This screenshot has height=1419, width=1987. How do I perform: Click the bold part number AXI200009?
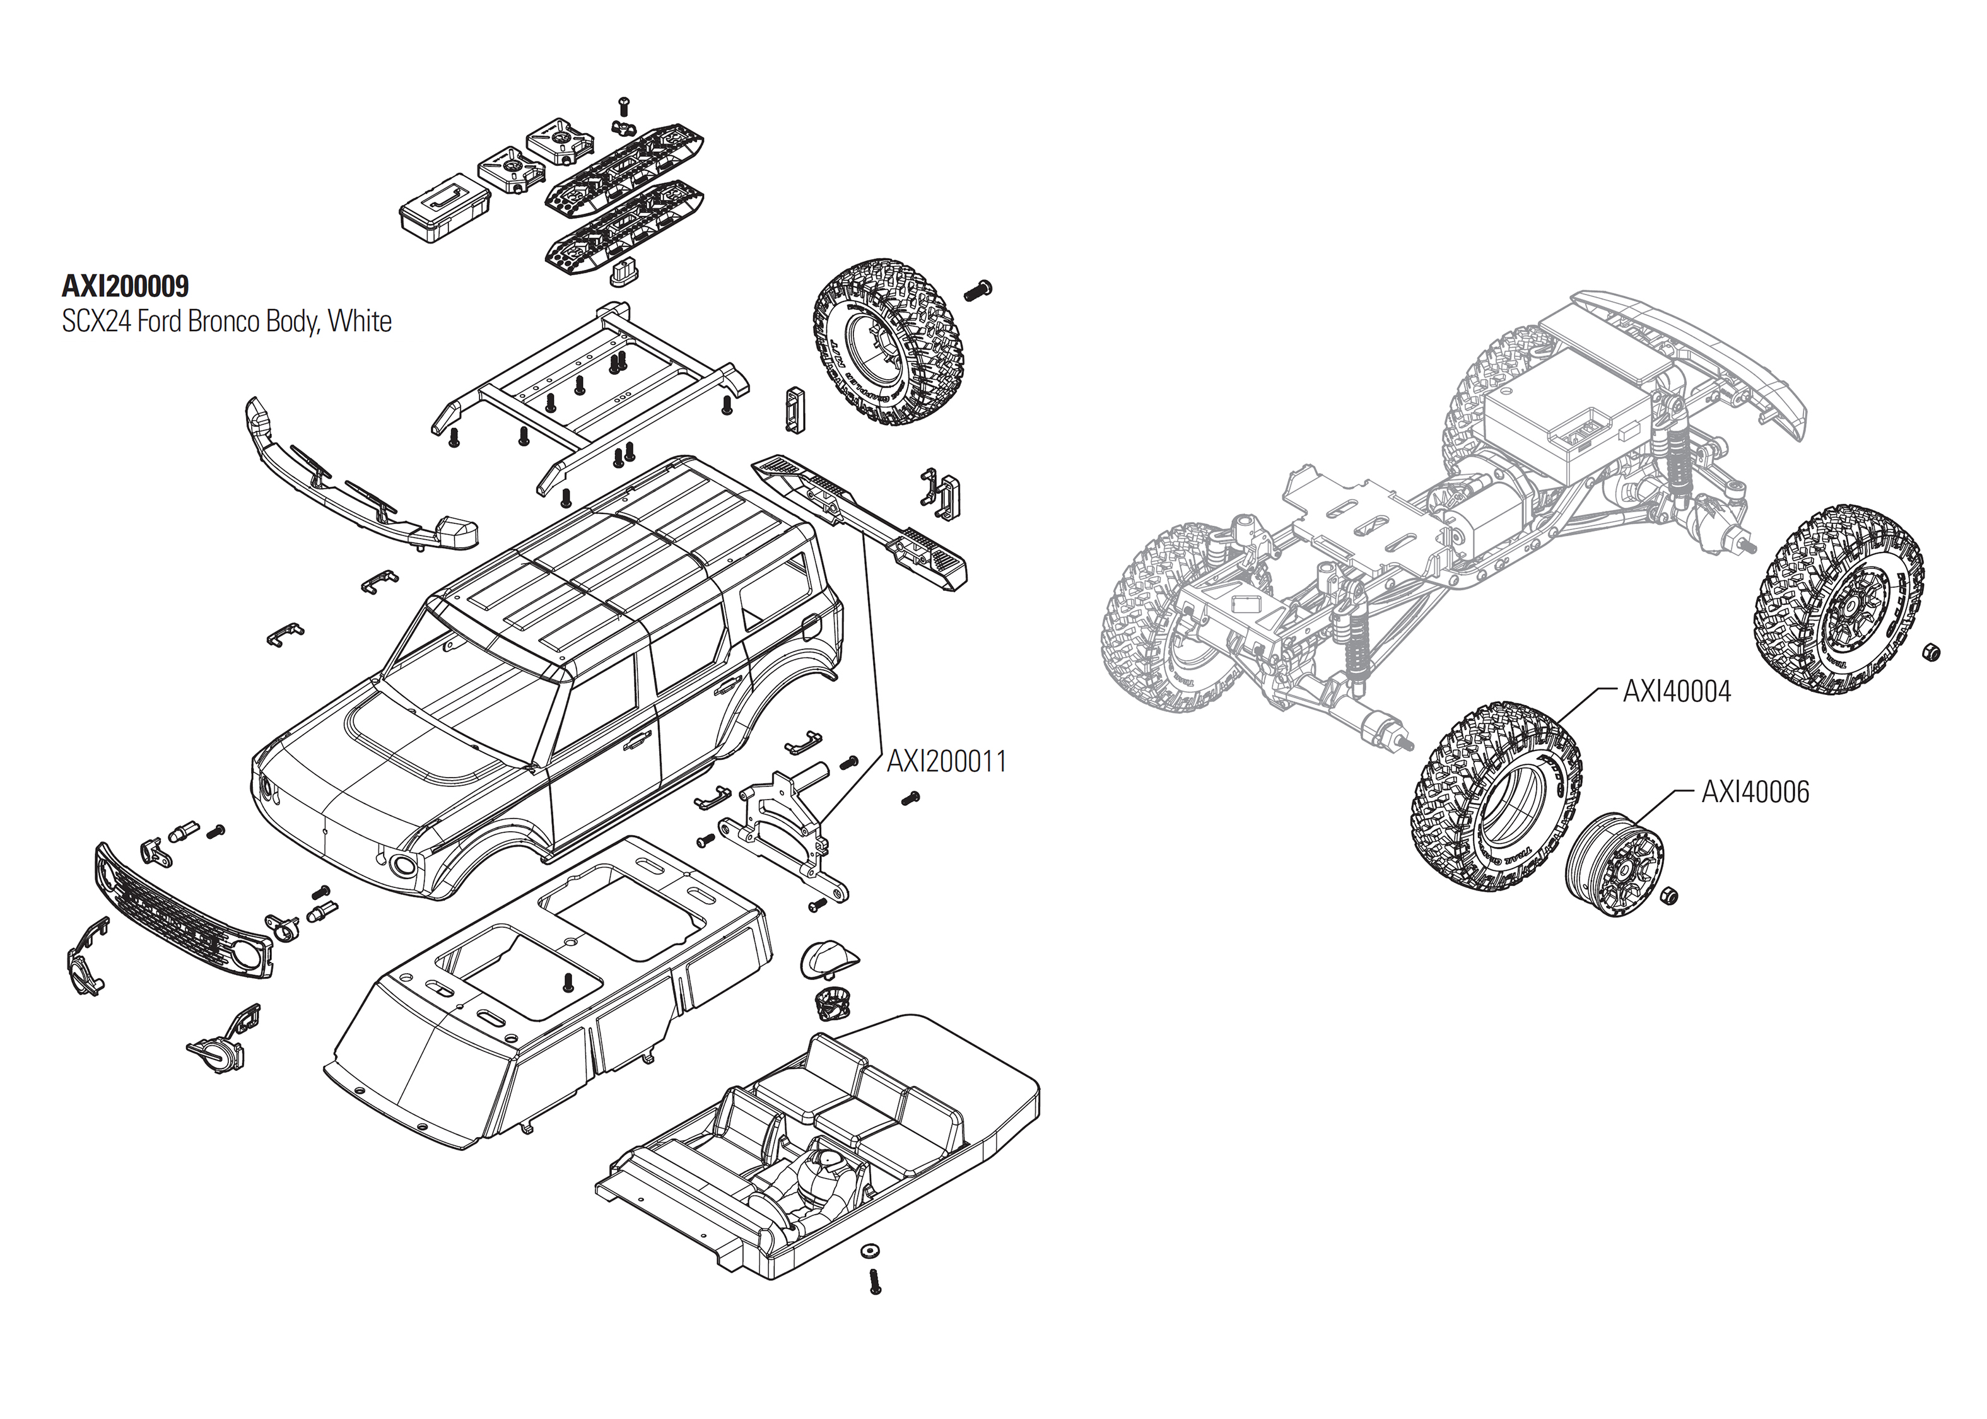tap(125, 286)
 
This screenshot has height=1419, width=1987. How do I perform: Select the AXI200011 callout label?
tap(946, 762)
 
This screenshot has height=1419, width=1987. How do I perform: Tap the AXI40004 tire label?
tap(1676, 691)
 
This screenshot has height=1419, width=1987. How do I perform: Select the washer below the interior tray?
tap(869, 1251)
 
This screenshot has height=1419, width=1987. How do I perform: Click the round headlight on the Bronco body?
tap(404, 866)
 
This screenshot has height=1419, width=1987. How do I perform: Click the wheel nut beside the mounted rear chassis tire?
tap(1931, 652)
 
